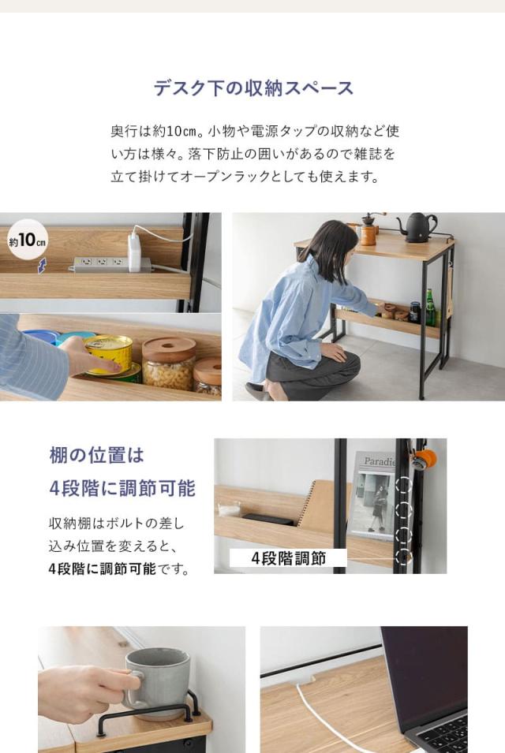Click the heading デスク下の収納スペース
point(253,88)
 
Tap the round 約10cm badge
point(28,240)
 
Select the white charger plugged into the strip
point(134,251)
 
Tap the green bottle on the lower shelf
point(430,308)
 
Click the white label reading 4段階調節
point(288,558)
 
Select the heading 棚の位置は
point(97,455)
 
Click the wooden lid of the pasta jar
point(169,348)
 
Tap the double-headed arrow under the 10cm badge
point(42,266)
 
